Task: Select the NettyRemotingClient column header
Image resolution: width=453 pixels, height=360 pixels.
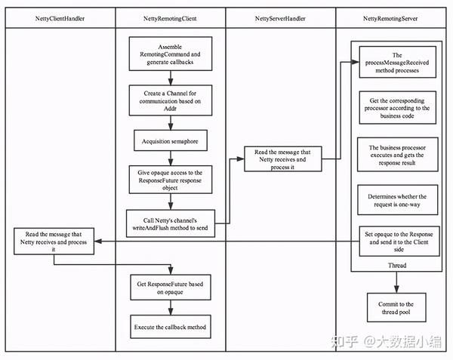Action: click(171, 17)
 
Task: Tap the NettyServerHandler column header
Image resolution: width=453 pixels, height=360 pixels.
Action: click(280, 17)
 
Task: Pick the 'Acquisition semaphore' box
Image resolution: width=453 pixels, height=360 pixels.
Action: click(170, 141)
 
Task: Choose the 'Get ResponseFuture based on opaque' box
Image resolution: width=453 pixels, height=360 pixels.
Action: click(170, 288)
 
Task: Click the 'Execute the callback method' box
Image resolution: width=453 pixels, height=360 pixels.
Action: click(170, 328)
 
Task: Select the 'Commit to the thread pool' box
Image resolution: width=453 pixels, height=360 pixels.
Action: click(396, 309)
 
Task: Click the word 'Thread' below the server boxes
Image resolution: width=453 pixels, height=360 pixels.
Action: click(396, 266)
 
